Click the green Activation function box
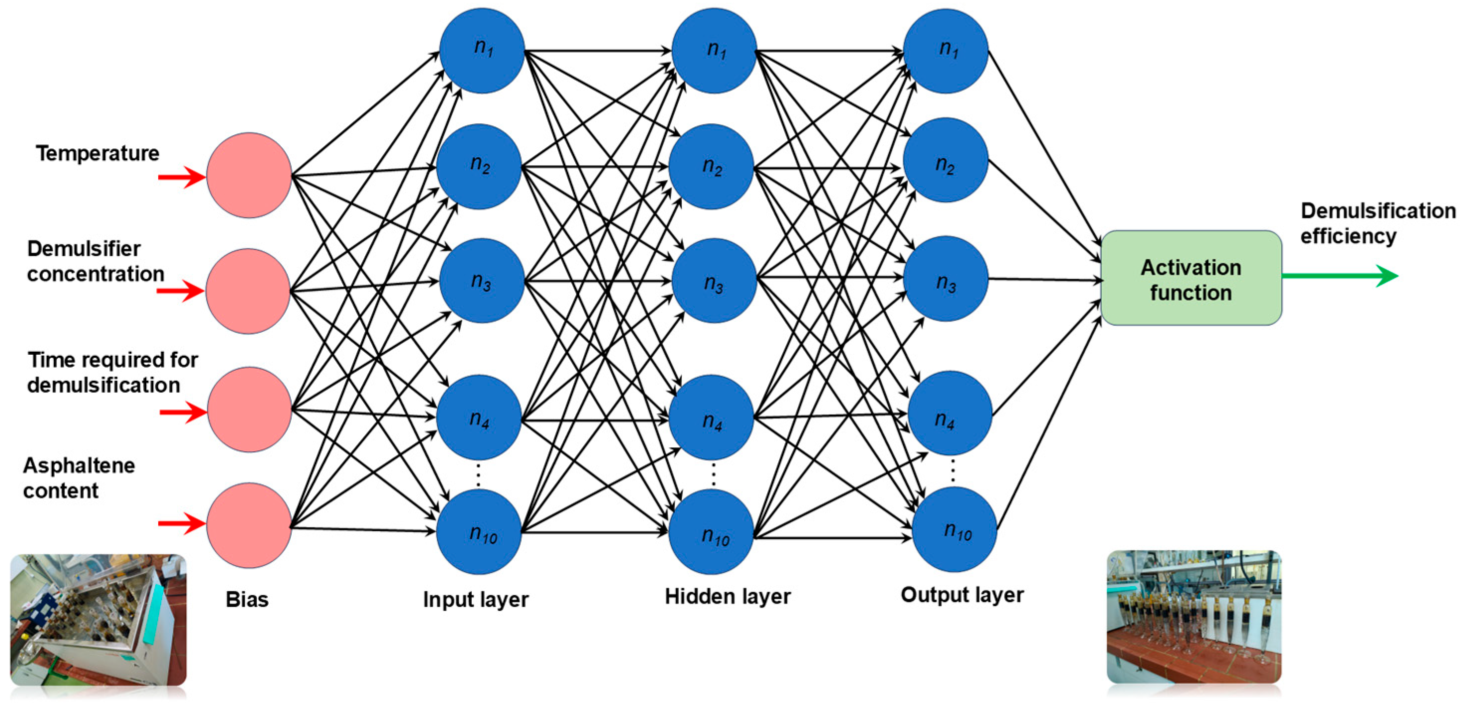(1191, 278)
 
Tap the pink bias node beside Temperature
(249, 175)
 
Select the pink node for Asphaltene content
(249, 525)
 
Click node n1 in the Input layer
(482, 50)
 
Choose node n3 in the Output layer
(945, 279)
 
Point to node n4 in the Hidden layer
(711, 417)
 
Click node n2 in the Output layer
(945, 160)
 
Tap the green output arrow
(1340, 276)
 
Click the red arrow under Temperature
(182, 178)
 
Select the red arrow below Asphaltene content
(182, 523)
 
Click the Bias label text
(247, 600)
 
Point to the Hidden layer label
(728, 597)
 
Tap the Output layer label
(962, 595)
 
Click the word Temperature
(98, 154)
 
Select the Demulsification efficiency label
(1378, 223)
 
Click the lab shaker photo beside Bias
(98, 619)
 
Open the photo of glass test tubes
(1194, 617)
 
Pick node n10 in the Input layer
(479, 532)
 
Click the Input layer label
(476, 600)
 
